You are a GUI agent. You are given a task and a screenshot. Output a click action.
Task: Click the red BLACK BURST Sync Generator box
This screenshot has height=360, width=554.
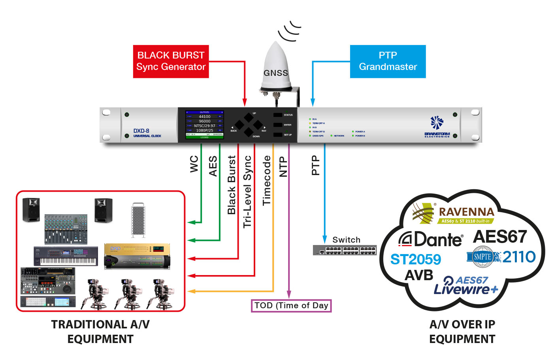(171, 61)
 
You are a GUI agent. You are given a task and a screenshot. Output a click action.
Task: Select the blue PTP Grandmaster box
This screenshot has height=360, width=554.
(388, 61)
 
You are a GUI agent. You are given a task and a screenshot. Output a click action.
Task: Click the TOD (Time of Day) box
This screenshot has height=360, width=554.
(291, 305)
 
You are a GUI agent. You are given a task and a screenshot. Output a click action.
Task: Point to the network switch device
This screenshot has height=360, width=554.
(345, 250)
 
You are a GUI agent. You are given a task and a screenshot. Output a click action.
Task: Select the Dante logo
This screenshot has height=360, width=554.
(430, 239)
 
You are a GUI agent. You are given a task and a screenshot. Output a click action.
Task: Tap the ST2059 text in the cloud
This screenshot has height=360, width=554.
(415, 260)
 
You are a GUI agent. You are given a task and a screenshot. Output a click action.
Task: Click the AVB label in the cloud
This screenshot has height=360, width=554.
(418, 275)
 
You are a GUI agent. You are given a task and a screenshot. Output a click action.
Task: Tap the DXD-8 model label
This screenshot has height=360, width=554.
(141, 131)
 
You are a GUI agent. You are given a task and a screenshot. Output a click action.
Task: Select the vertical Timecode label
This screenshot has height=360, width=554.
(267, 180)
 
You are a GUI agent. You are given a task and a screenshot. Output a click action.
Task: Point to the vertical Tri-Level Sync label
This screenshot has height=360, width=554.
(247, 192)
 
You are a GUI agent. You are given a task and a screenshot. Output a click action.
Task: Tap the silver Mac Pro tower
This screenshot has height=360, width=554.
(138, 220)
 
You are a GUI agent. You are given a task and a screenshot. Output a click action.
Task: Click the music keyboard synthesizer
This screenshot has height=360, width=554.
(66, 256)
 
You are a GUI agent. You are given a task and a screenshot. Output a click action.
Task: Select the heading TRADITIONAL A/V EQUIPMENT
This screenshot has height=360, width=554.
(100, 332)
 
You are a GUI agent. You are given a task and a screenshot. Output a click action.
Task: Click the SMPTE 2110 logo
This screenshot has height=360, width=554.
(501, 257)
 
